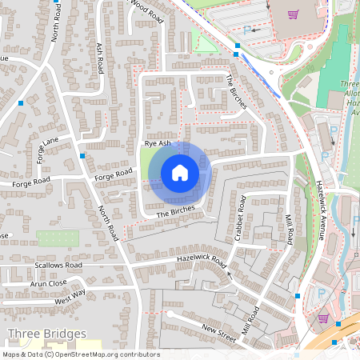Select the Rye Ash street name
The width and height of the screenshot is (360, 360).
[x=158, y=143]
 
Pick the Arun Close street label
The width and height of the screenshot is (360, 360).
[x=49, y=283]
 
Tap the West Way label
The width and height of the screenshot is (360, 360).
[x=70, y=299]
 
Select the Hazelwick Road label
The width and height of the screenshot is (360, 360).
[x=202, y=262]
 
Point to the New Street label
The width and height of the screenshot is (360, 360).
[x=220, y=330]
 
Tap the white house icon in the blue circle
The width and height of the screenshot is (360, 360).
[x=180, y=173]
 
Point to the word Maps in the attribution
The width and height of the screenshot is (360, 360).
[x=12, y=354]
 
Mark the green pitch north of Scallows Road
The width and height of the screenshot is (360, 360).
[x=58, y=238]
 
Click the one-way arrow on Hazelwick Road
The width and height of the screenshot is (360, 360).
[x=228, y=273]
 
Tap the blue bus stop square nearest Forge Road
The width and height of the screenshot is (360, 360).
[x=82, y=155]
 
